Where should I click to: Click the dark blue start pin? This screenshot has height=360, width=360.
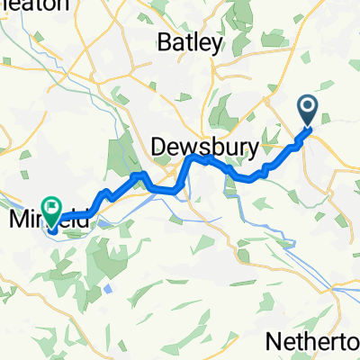point(308,112)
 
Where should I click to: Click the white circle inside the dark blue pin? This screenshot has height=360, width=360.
point(308,109)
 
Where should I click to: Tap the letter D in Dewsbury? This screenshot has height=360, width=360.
point(159,146)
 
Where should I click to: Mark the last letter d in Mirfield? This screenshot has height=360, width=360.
point(86,218)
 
